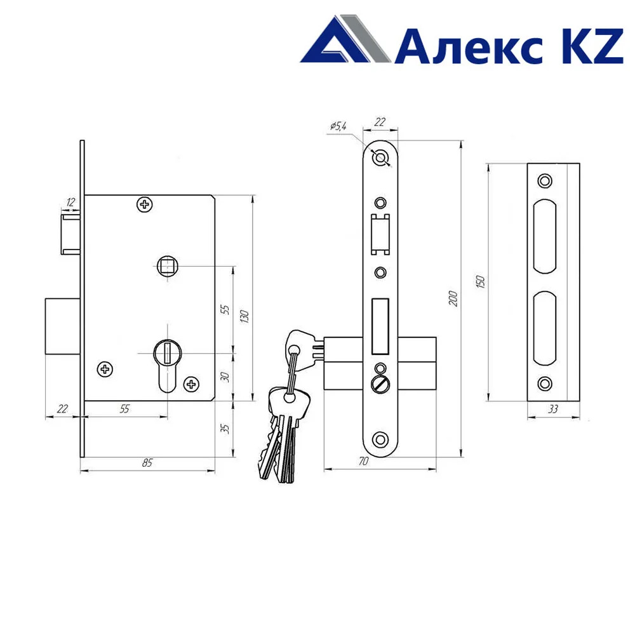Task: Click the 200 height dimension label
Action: (x=453, y=298)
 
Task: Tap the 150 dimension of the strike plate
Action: (x=480, y=281)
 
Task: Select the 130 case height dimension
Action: (x=244, y=316)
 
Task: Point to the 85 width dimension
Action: (x=147, y=462)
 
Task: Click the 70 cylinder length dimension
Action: (x=364, y=461)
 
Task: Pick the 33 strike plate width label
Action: (x=553, y=409)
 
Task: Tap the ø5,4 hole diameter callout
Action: (x=338, y=126)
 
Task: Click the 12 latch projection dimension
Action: (x=70, y=202)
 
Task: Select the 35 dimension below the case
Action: (x=225, y=429)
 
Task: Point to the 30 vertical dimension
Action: (x=225, y=377)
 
